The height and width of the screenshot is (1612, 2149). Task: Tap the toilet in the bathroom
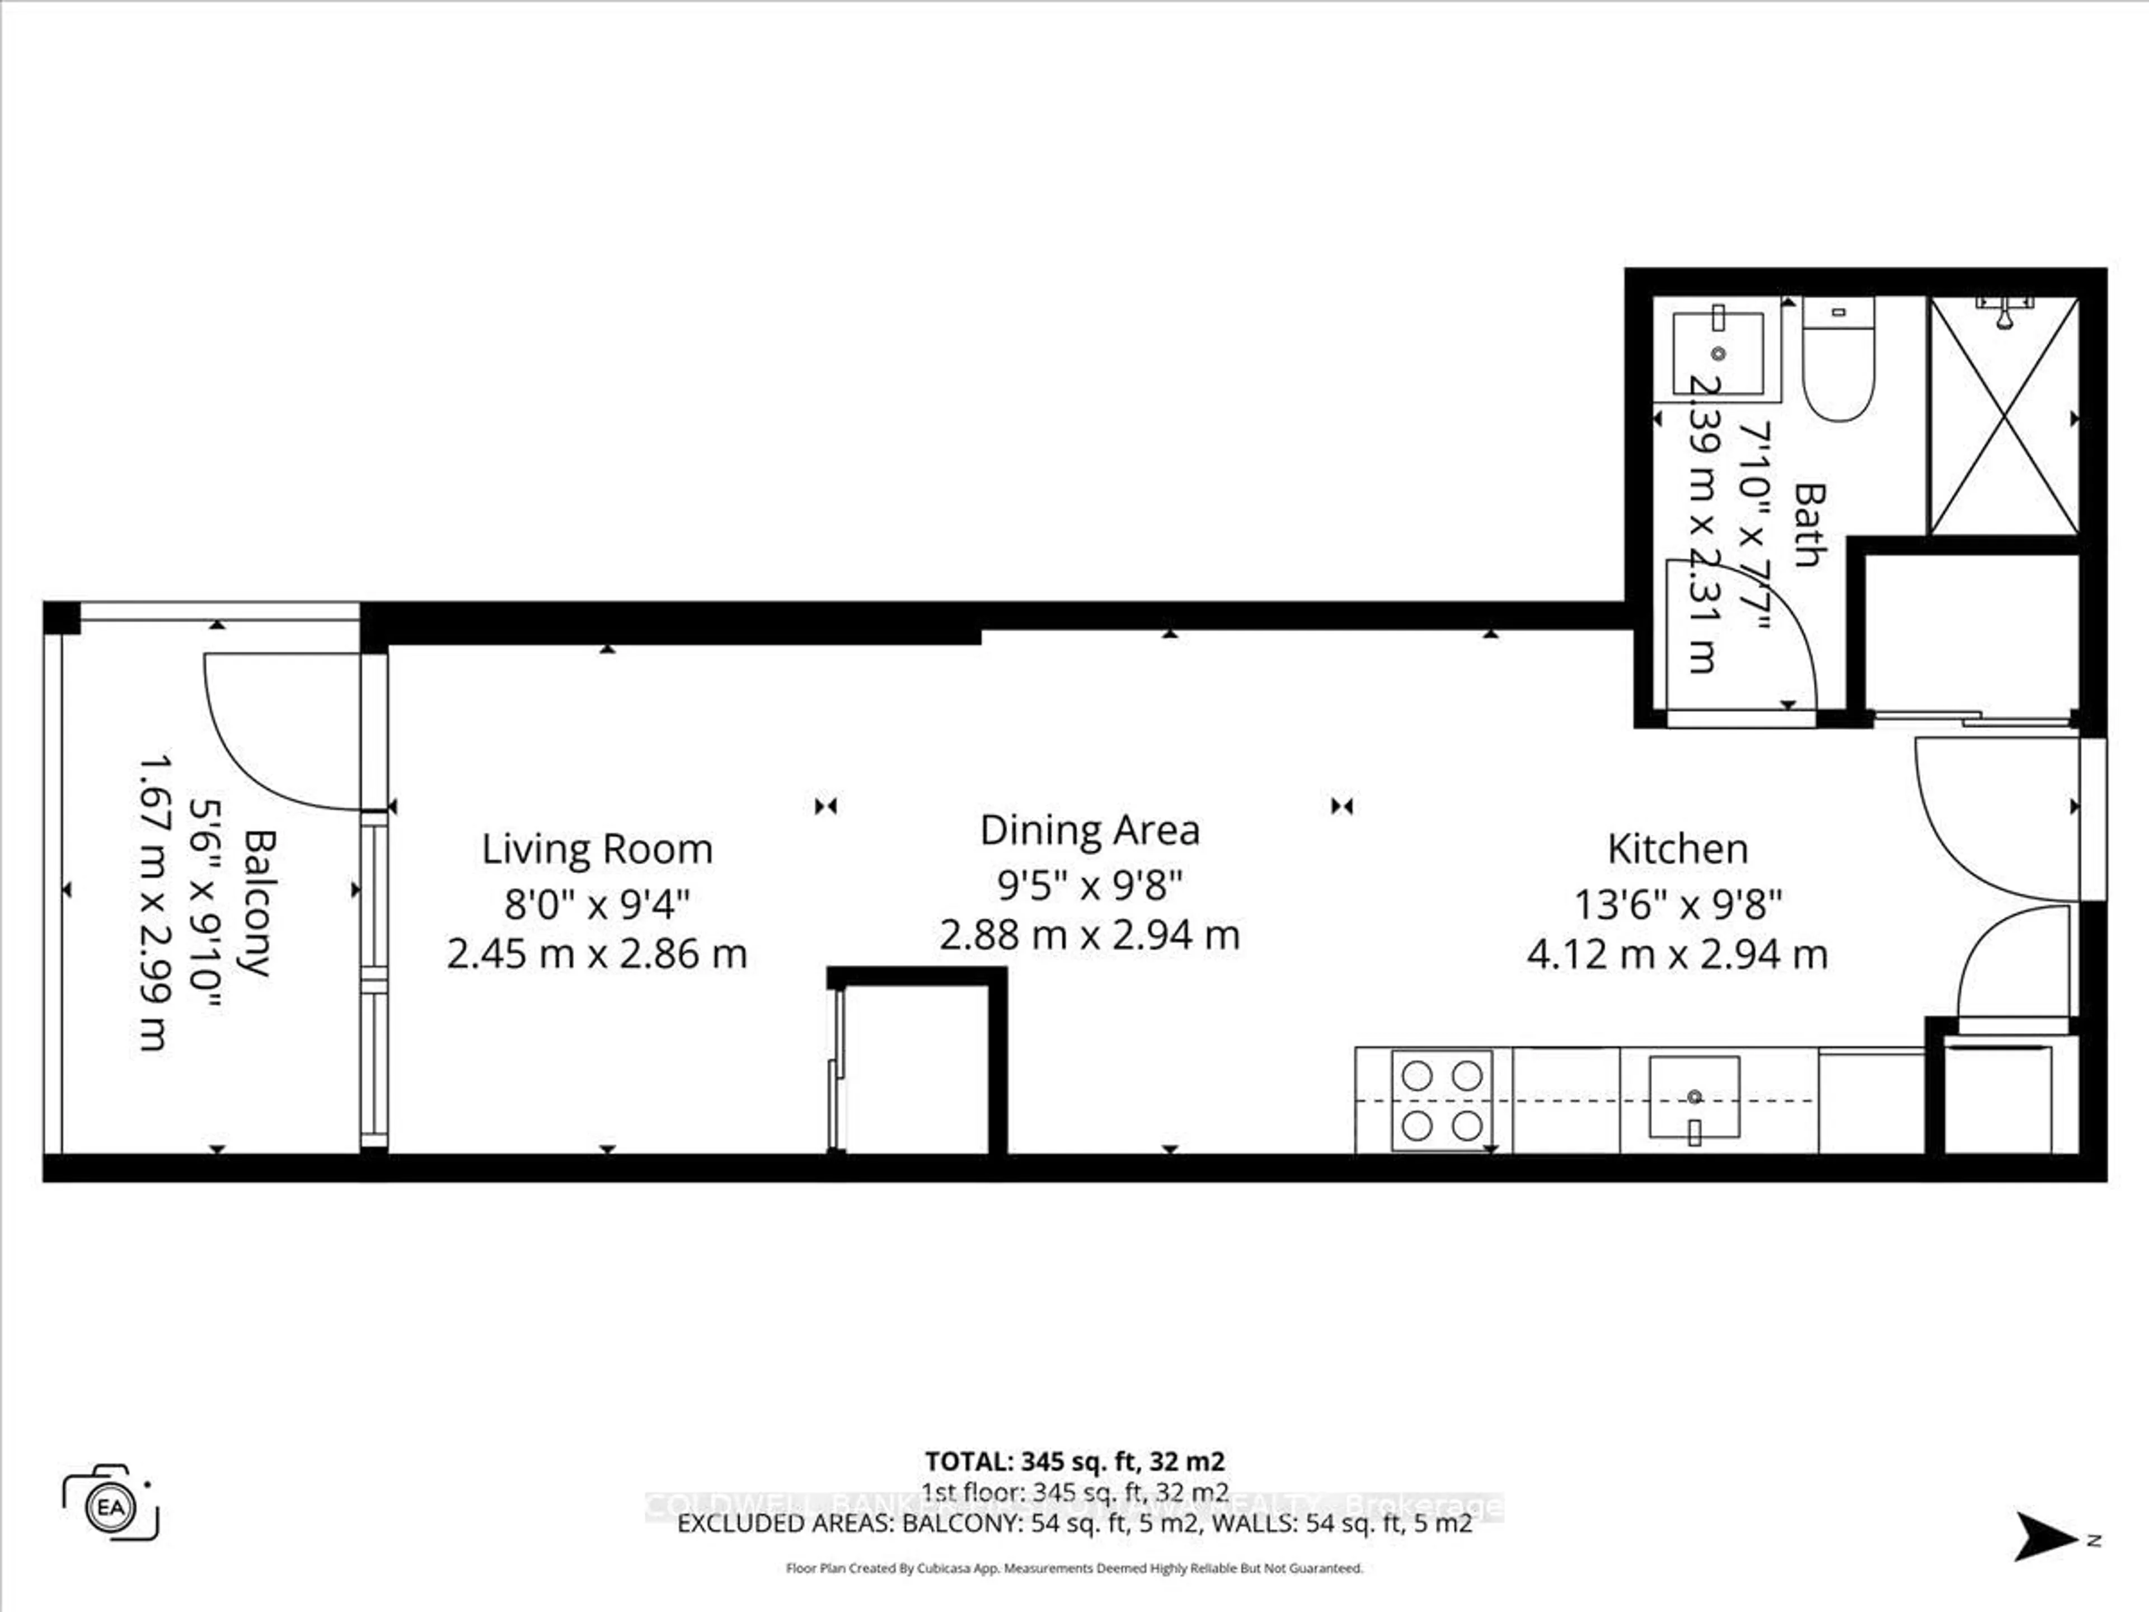pos(1837,359)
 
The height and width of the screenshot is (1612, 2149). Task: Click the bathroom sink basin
pos(1718,353)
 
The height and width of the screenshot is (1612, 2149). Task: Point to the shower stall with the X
pos(2003,416)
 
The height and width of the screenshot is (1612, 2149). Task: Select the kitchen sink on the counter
pos(1693,1097)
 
